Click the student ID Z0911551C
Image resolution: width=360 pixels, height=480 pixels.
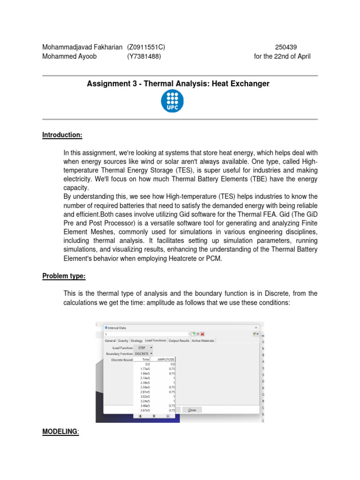click(x=146, y=47)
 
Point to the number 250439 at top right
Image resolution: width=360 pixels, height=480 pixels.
click(x=286, y=47)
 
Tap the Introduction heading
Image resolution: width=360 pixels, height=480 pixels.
click(x=62, y=135)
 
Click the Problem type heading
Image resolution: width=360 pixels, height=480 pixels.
click(x=64, y=276)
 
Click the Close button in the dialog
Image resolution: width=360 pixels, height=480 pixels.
click(x=192, y=410)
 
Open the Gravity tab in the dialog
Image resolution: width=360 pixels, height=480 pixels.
click(x=123, y=341)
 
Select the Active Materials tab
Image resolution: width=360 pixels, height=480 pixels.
click(x=203, y=341)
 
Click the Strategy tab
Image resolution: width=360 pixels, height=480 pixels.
click(x=136, y=341)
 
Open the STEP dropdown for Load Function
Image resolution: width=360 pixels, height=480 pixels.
click(x=143, y=347)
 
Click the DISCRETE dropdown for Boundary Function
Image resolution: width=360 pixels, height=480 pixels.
click(x=143, y=353)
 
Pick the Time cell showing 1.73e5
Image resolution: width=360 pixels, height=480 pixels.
click(x=145, y=369)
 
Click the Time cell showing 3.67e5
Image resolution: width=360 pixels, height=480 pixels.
click(x=145, y=410)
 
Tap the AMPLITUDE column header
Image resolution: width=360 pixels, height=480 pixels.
click(x=165, y=360)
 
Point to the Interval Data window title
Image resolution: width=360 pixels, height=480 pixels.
click(x=117, y=328)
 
